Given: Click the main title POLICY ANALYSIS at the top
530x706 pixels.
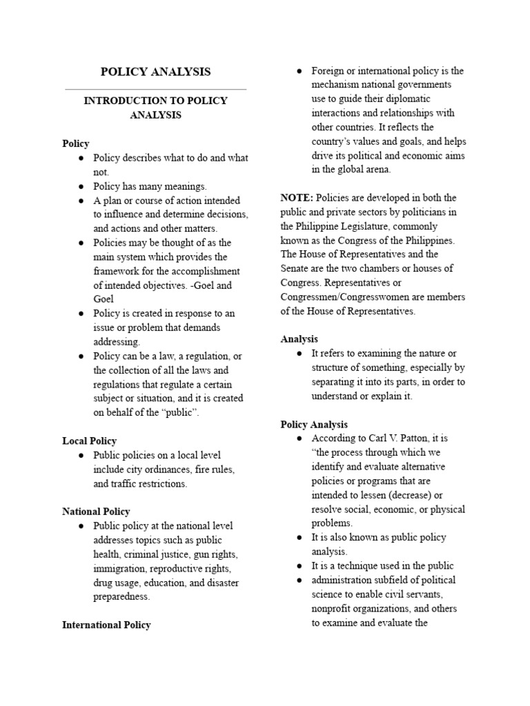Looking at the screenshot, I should [x=156, y=72].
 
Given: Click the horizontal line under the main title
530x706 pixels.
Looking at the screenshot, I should [x=156, y=89].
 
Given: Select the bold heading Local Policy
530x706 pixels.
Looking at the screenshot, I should [x=89, y=441].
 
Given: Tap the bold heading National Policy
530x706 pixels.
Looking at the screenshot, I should [x=96, y=512].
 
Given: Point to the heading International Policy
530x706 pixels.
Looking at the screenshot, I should [x=106, y=625].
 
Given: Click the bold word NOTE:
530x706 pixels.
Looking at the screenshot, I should [x=297, y=197].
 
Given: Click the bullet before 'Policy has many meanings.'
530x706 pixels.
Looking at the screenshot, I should [x=81, y=186].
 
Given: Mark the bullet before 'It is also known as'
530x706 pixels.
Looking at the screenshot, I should [x=300, y=537].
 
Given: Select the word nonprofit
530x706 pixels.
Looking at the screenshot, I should [x=335, y=609].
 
